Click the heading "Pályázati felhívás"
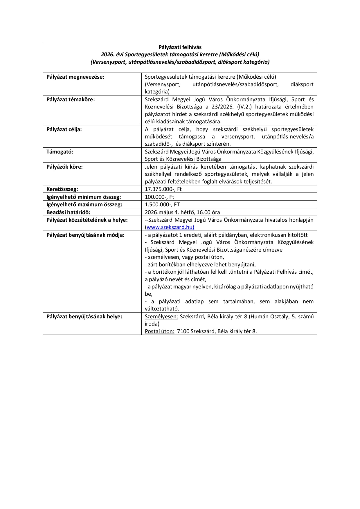[180, 47]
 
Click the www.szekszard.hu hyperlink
[170, 227]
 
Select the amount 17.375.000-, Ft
[163, 189]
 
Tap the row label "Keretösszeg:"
[62, 189]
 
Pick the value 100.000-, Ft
[159, 197]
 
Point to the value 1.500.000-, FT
[162, 204]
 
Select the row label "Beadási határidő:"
[68, 212]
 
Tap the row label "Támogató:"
[60, 151]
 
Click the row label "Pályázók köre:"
[64, 167]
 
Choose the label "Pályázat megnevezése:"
[75, 77]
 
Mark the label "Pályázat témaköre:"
[71, 99]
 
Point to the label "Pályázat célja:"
[64, 129]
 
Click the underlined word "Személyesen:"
[161, 316]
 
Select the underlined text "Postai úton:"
[159, 331]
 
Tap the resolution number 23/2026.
[220, 107]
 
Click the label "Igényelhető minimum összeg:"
[84, 197]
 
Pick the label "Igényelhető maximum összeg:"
[84, 204]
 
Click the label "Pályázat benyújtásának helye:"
[84, 316]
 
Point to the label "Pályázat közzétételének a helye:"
[87, 220]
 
